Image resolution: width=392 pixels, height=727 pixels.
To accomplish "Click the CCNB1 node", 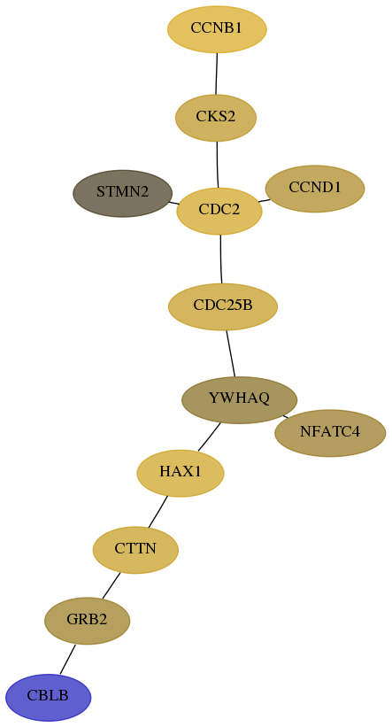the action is coord(217,29).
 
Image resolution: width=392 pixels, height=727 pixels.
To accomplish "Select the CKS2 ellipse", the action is coord(216,118).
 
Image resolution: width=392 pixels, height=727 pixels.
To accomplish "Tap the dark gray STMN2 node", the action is coord(123,193).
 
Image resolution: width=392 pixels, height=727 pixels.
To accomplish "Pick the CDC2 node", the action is coord(219,211).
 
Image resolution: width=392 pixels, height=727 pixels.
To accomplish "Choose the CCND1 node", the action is coord(315,189).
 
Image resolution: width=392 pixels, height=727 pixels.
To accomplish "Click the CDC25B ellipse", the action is coord(223,306).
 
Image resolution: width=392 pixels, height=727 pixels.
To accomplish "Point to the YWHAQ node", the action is coord(239,399).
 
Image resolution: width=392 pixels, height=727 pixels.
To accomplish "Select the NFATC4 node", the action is coord(330,433).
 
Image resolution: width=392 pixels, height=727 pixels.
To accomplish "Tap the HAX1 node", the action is coord(181,473).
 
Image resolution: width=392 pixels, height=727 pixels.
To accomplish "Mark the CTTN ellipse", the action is coord(135,550).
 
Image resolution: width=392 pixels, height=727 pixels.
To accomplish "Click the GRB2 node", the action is coord(87,621).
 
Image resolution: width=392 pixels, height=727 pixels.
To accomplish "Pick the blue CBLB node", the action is coord(48,697).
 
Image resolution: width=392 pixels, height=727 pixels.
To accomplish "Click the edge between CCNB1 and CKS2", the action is coord(217,73).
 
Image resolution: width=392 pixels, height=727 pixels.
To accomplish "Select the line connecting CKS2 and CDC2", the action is coord(218,165).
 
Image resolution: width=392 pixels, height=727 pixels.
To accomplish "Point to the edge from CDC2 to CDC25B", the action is coord(221,259).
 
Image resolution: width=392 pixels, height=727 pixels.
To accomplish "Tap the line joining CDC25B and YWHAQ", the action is coord(231,353).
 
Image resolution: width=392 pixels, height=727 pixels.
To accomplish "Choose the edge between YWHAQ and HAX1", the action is coord(209,437).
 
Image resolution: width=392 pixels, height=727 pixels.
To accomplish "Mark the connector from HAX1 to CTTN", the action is coord(158,512).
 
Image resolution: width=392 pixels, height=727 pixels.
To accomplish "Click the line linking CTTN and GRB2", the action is coord(111,585).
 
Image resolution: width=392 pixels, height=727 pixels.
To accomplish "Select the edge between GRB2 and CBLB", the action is coord(67,660).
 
